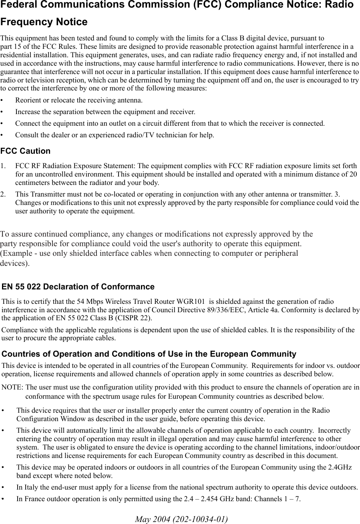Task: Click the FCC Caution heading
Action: point(26,151)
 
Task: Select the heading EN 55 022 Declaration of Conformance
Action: point(78,287)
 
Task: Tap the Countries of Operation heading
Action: point(149,354)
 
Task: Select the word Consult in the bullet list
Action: point(26,135)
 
